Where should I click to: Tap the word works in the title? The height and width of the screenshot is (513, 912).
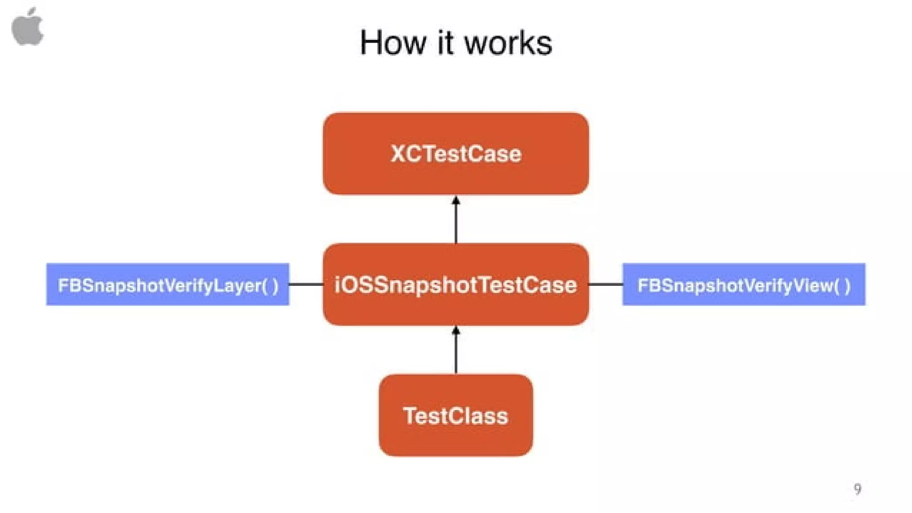(x=508, y=43)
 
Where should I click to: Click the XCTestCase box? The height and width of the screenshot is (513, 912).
(x=456, y=134)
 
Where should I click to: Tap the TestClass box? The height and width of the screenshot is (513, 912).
(x=456, y=439)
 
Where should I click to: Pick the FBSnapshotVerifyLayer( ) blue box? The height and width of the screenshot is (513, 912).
(x=167, y=284)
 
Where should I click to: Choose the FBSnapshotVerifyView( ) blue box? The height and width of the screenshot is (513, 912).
(x=744, y=284)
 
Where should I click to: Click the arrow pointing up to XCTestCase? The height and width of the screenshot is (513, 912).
(x=456, y=223)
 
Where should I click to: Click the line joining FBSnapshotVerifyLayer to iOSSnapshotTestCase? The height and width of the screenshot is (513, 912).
(x=306, y=284)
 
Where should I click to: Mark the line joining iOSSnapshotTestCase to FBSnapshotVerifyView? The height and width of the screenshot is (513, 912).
(x=605, y=284)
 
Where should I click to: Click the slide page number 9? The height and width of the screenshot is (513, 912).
(x=857, y=489)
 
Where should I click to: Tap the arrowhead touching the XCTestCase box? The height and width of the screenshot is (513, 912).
(x=456, y=201)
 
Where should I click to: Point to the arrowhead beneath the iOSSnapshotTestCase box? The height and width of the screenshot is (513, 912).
(x=456, y=331)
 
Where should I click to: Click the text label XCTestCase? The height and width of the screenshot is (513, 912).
(x=456, y=154)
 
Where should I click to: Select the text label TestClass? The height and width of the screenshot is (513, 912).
(x=456, y=416)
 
